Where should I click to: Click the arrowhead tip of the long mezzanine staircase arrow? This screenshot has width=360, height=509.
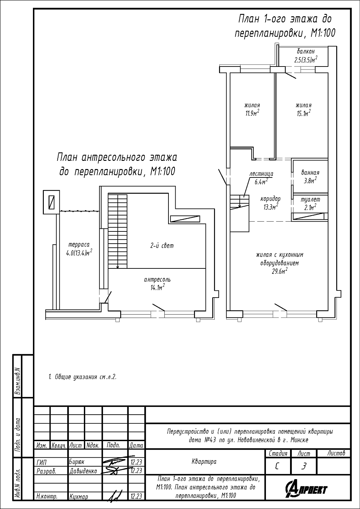118,269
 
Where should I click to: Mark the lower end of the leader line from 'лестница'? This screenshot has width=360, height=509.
244,197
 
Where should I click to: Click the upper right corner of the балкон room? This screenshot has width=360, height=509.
328,47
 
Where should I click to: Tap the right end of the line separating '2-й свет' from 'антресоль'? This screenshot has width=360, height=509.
206,268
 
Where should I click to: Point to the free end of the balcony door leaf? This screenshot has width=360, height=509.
296,78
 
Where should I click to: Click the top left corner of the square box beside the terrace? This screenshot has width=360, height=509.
43,190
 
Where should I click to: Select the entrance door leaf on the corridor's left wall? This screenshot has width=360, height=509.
222,177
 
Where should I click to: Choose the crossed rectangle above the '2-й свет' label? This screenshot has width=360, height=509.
185,219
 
